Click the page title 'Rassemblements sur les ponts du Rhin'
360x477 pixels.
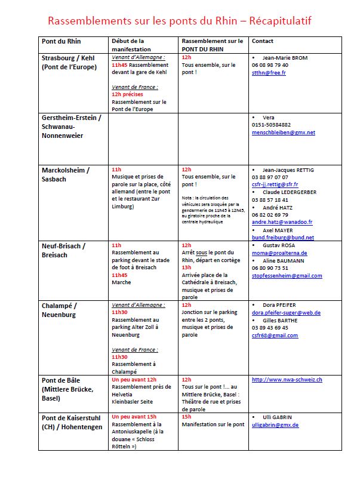click(x=179, y=21)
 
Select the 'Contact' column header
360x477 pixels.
click(x=263, y=41)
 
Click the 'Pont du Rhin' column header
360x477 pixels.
click(x=61, y=41)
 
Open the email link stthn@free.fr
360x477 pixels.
click(x=269, y=73)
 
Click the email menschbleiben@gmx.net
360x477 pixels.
click(x=284, y=133)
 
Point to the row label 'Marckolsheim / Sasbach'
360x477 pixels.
click(x=65, y=174)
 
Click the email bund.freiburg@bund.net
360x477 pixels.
click(x=283, y=237)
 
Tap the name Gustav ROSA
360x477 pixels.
click(x=279, y=245)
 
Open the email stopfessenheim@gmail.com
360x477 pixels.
click(x=287, y=276)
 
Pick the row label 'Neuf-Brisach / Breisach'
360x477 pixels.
click(x=64, y=250)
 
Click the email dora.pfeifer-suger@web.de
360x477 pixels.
click(x=287, y=312)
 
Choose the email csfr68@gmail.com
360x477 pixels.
click(x=275, y=336)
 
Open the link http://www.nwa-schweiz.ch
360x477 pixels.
click(x=287, y=380)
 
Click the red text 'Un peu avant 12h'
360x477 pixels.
click(x=134, y=380)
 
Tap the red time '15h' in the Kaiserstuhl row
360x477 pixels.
click(x=187, y=417)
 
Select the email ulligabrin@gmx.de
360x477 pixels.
click(x=275, y=424)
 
